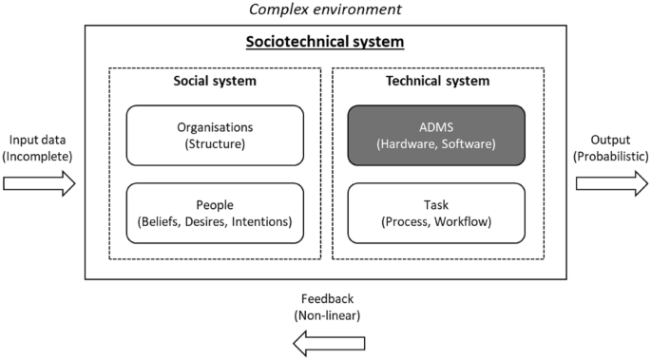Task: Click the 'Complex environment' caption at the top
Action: [326, 10]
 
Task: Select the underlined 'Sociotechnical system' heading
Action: [326, 43]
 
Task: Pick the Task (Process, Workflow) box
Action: [437, 213]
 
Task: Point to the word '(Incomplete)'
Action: [39, 156]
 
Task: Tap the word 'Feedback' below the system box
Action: [327, 297]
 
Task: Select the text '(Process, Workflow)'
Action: [437, 221]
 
